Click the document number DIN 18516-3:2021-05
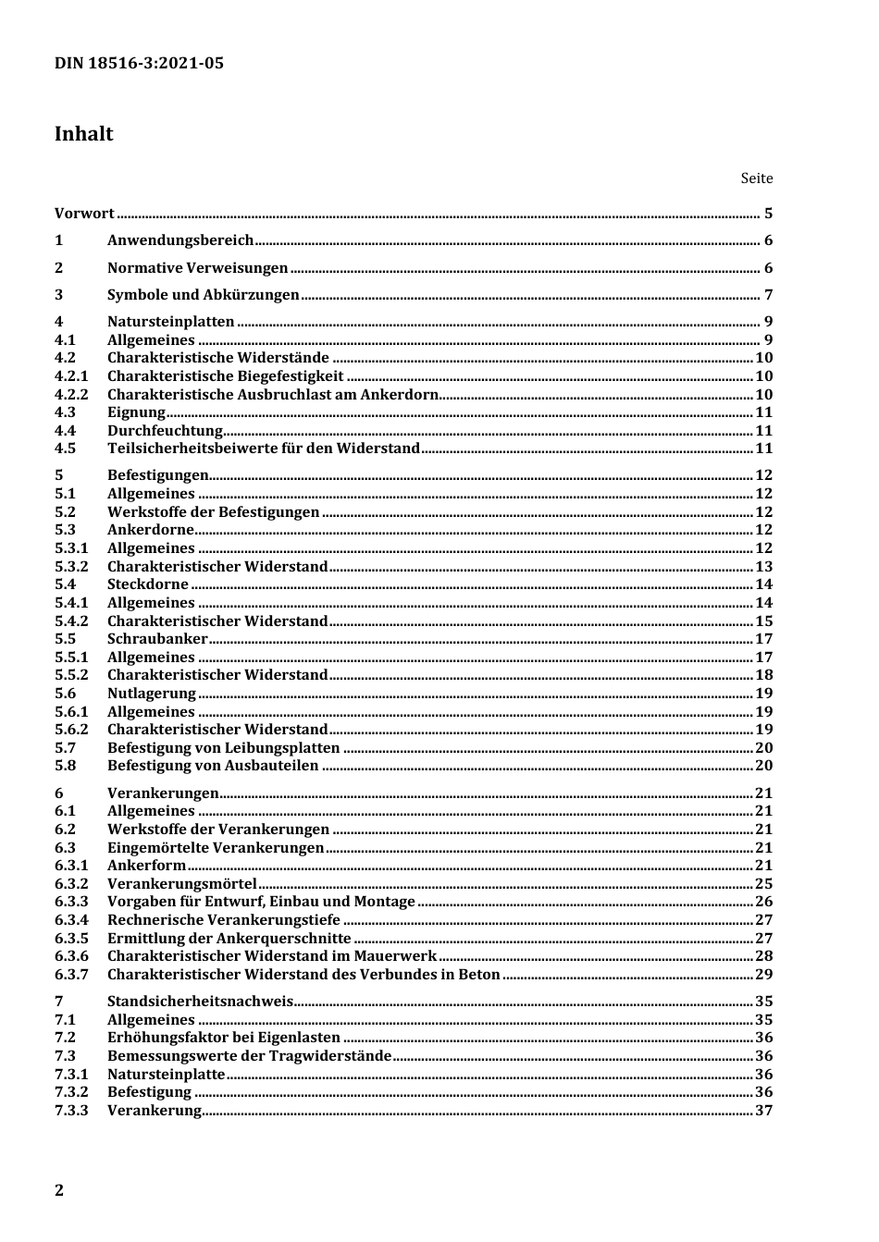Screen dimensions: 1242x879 click(x=139, y=64)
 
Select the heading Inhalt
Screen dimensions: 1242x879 click(x=83, y=134)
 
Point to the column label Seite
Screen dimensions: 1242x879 click(x=756, y=178)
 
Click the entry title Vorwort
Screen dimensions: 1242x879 click(x=84, y=214)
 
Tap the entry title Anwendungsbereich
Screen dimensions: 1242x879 click(x=180, y=240)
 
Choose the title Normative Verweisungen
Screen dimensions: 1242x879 click(x=198, y=268)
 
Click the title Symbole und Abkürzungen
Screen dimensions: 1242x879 click(x=204, y=295)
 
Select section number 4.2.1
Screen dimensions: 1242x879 click(x=71, y=376)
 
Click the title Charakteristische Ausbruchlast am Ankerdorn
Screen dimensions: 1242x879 click(x=273, y=395)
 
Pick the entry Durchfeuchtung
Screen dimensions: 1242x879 click(x=166, y=431)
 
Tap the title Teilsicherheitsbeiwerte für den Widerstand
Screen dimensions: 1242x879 click(x=264, y=449)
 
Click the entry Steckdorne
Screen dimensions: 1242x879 click(x=148, y=584)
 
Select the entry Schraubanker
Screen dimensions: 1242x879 click(x=157, y=639)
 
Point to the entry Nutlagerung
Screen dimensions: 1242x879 click(x=152, y=694)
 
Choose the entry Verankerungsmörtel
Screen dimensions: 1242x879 click(x=182, y=884)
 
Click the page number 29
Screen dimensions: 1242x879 click(x=763, y=975)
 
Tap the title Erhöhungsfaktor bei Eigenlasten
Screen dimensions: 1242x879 click(x=224, y=1038)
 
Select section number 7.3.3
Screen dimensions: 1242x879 click(x=71, y=1111)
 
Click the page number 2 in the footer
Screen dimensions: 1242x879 click(x=59, y=1190)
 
